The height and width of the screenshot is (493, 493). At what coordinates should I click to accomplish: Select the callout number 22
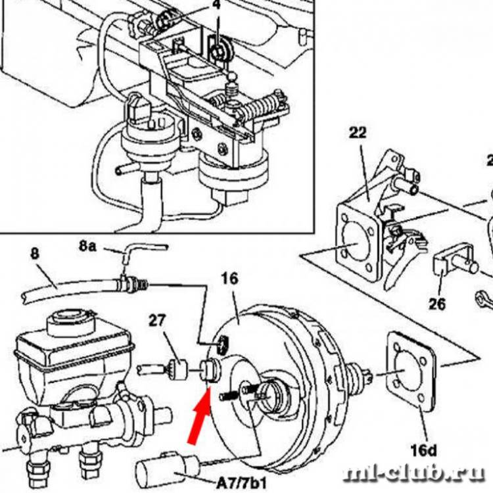click(x=358, y=134)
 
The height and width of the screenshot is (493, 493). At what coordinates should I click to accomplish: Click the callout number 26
click(x=436, y=304)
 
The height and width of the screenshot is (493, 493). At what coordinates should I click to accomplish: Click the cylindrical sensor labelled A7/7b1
click(x=164, y=469)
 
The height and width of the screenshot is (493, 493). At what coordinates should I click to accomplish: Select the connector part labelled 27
click(x=177, y=369)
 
